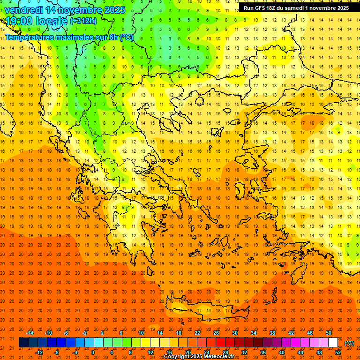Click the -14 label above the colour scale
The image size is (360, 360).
point(30,332)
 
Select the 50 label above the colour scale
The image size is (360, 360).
point(329,332)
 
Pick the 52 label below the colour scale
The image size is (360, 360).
point(338,352)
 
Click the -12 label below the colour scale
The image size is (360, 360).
point(39,352)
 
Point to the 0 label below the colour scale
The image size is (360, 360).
point(93,352)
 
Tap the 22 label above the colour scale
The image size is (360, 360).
point(197,332)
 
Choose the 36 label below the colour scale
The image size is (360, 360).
point(263,352)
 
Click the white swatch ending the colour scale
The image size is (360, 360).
point(333,343)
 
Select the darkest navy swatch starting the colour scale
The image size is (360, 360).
point(23,343)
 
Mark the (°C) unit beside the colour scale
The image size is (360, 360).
point(349,343)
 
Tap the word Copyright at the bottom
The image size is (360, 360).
point(176,357)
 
